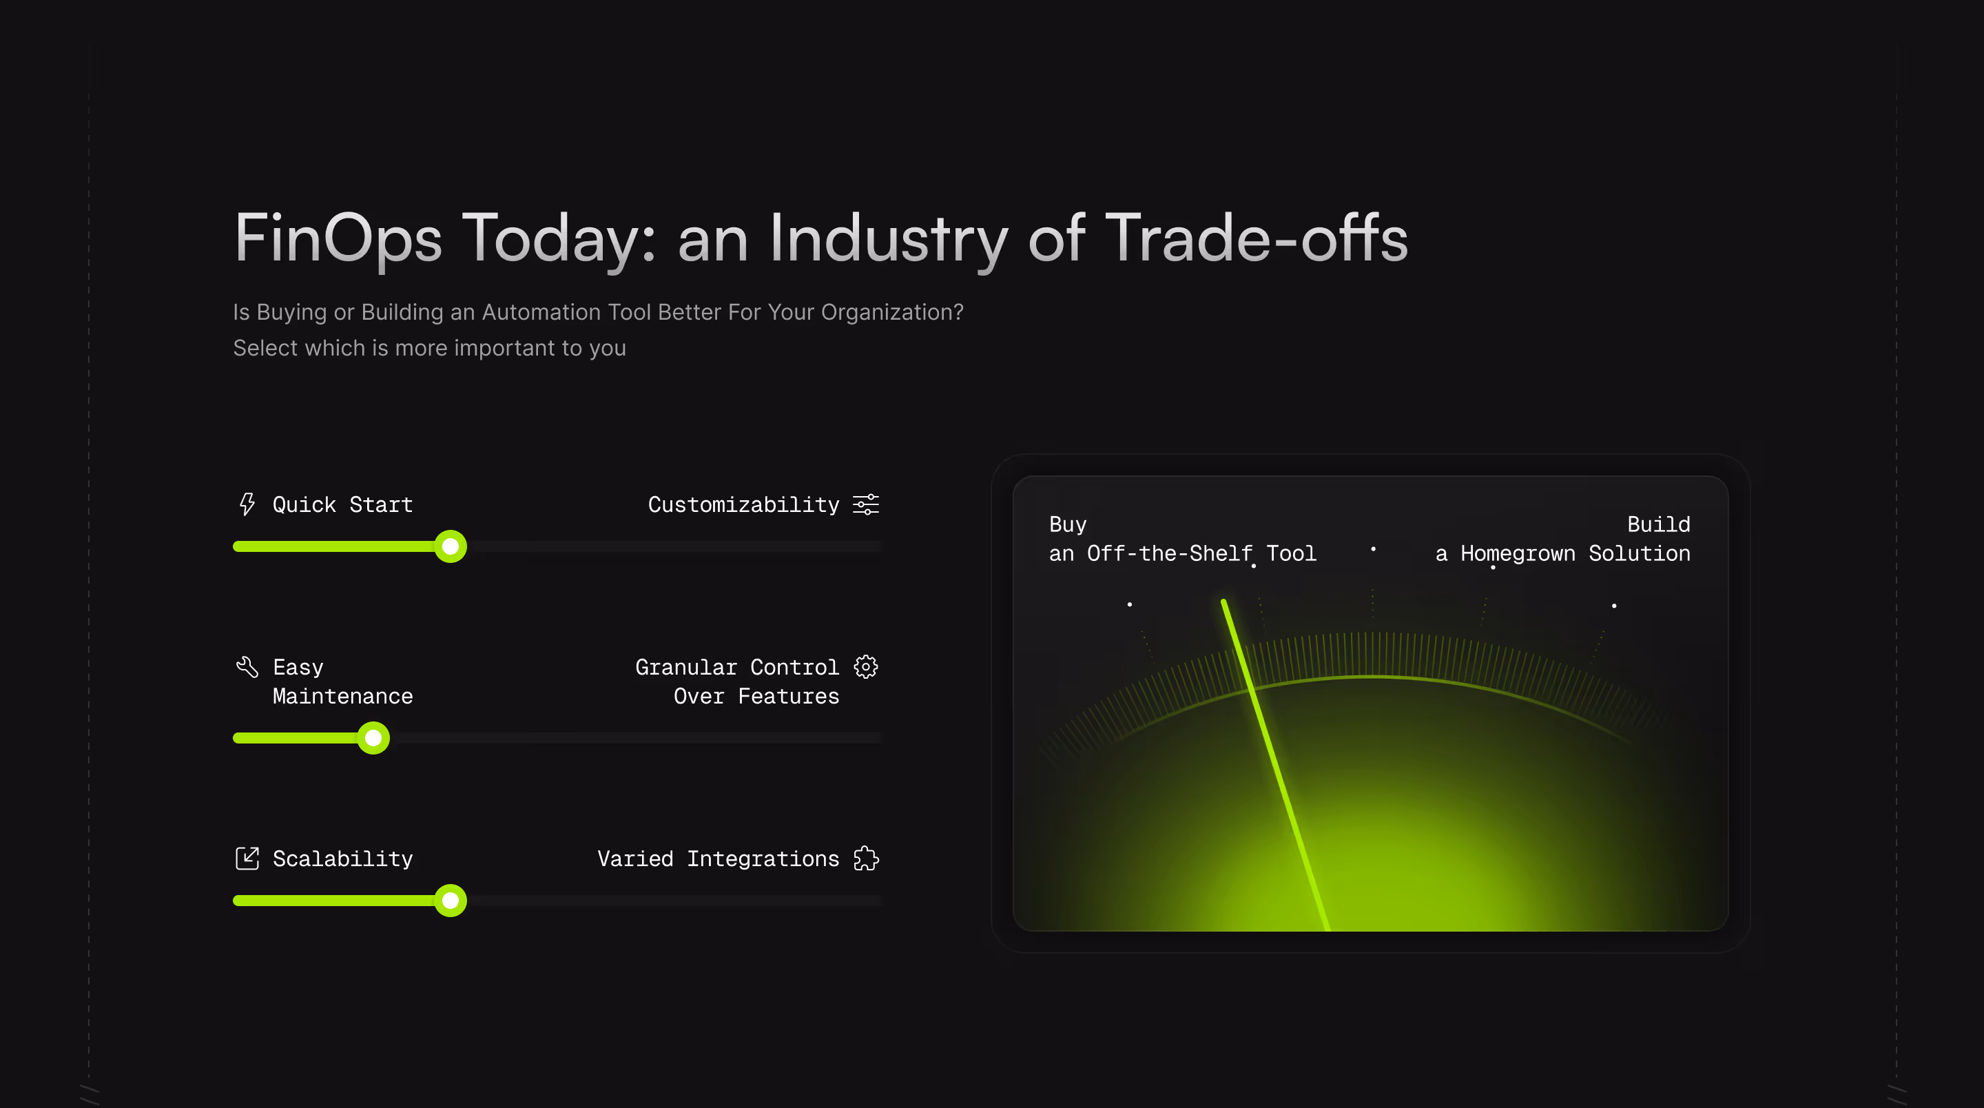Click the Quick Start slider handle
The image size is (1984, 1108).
[451, 546]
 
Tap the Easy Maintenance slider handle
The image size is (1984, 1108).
[373, 737]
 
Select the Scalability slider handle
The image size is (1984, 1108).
[451, 900]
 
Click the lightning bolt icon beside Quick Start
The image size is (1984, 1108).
[247, 504]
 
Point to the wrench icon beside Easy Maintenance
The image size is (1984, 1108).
[247, 666]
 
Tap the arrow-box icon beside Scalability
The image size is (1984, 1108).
[247, 858]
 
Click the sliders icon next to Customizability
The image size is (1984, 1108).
[866, 504]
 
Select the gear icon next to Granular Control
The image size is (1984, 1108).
[866, 666]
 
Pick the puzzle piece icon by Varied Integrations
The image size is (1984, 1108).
[866, 858]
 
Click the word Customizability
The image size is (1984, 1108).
[743, 504]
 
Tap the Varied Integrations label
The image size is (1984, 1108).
[718, 859]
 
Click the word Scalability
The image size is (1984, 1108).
[343, 859]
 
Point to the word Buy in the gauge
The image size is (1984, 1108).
[1068, 525]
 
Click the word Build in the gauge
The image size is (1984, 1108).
[1658, 525]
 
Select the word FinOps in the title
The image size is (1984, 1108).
[338, 239]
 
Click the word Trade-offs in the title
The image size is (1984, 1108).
[1256, 239]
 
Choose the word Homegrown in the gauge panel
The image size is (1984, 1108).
[1517, 554]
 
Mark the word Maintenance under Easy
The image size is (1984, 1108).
[343, 697]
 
